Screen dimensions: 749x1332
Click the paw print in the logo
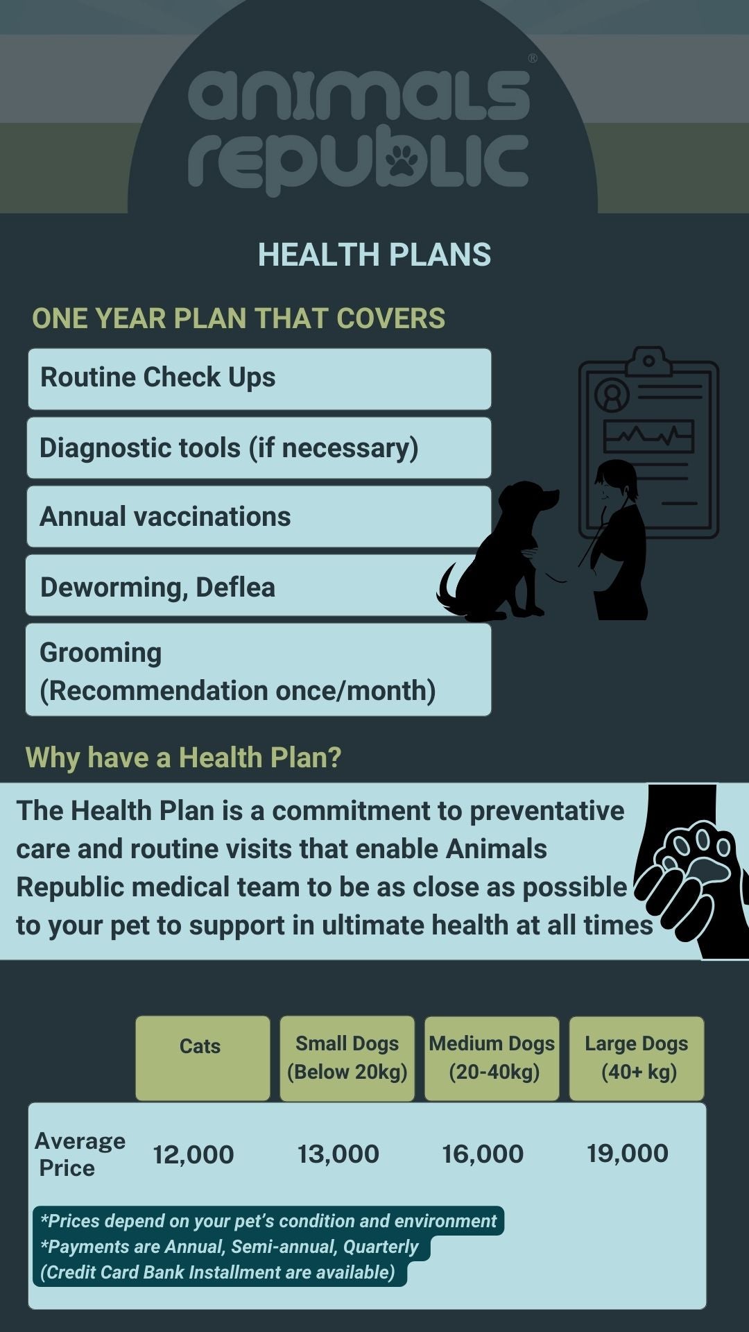pyautogui.click(x=402, y=160)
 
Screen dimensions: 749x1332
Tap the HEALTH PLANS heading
pyautogui.click(x=374, y=255)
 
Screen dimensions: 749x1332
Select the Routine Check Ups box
pyautogui.click(x=259, y=379)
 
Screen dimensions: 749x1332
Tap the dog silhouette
pyautogui.click(x=497, y=552)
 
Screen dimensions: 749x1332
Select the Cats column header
pyautogui.click(x=203, y=1059)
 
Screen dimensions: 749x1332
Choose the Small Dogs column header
pyautogui.click(x=347, y=1059)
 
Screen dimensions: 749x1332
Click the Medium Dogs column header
pyautogui.click(x=492, y=1059)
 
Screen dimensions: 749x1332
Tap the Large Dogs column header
pyautogui.click(x=637, y=1059)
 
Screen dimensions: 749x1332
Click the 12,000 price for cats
pyautogui.click(x=193, y=1154)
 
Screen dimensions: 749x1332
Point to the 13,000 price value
pyautogui.click(x=338, y=1154)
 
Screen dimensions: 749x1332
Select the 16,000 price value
pyautogui.click(x=483, y=1154)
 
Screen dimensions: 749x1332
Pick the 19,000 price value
pyautogui.click(x=628, y=1153)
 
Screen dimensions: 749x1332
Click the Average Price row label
pyautogui.click(x=80, y=1154)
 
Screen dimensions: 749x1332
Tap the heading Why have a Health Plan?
pyautogui.click(x=183, y=758)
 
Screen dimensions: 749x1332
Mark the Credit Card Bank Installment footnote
pyautogui.click(x=218, y=1272)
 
